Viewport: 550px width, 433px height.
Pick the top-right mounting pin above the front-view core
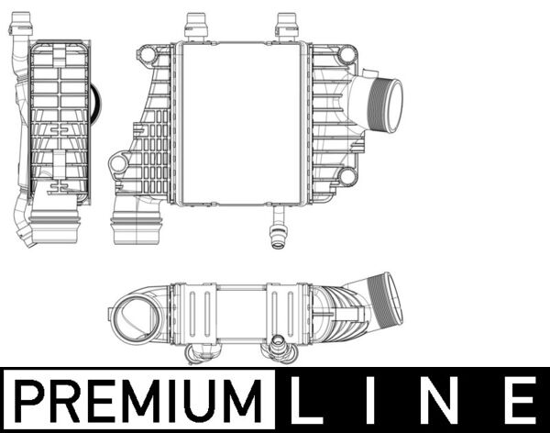coord(287,25)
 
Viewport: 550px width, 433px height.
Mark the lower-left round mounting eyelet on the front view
coord(118,165)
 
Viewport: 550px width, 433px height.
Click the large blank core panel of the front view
coord(240,122)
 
